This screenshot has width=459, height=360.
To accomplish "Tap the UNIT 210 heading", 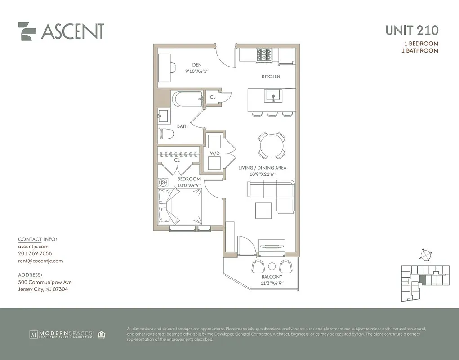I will tap(411, 31).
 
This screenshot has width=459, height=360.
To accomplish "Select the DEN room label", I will tap(196, 65).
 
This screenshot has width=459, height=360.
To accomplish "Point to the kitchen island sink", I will tap(272, 95).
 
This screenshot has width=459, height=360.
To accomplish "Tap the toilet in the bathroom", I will tap(166, 134).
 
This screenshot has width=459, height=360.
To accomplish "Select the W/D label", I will tap(215, 153).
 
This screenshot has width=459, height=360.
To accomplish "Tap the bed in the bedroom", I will tap(180, 206).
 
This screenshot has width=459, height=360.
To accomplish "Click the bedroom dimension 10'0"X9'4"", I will tap(188, 185).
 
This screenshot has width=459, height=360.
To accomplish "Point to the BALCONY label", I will tap(272, 277).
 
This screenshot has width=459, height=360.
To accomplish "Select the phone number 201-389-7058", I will tap(35, 253).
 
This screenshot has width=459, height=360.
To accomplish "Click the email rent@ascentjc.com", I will tap(40, 261).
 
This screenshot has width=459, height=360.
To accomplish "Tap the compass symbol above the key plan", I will tap(424, 255).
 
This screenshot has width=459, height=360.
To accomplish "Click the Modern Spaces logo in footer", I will tap(61, 334).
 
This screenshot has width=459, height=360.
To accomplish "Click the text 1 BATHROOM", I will tap(419, 51).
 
